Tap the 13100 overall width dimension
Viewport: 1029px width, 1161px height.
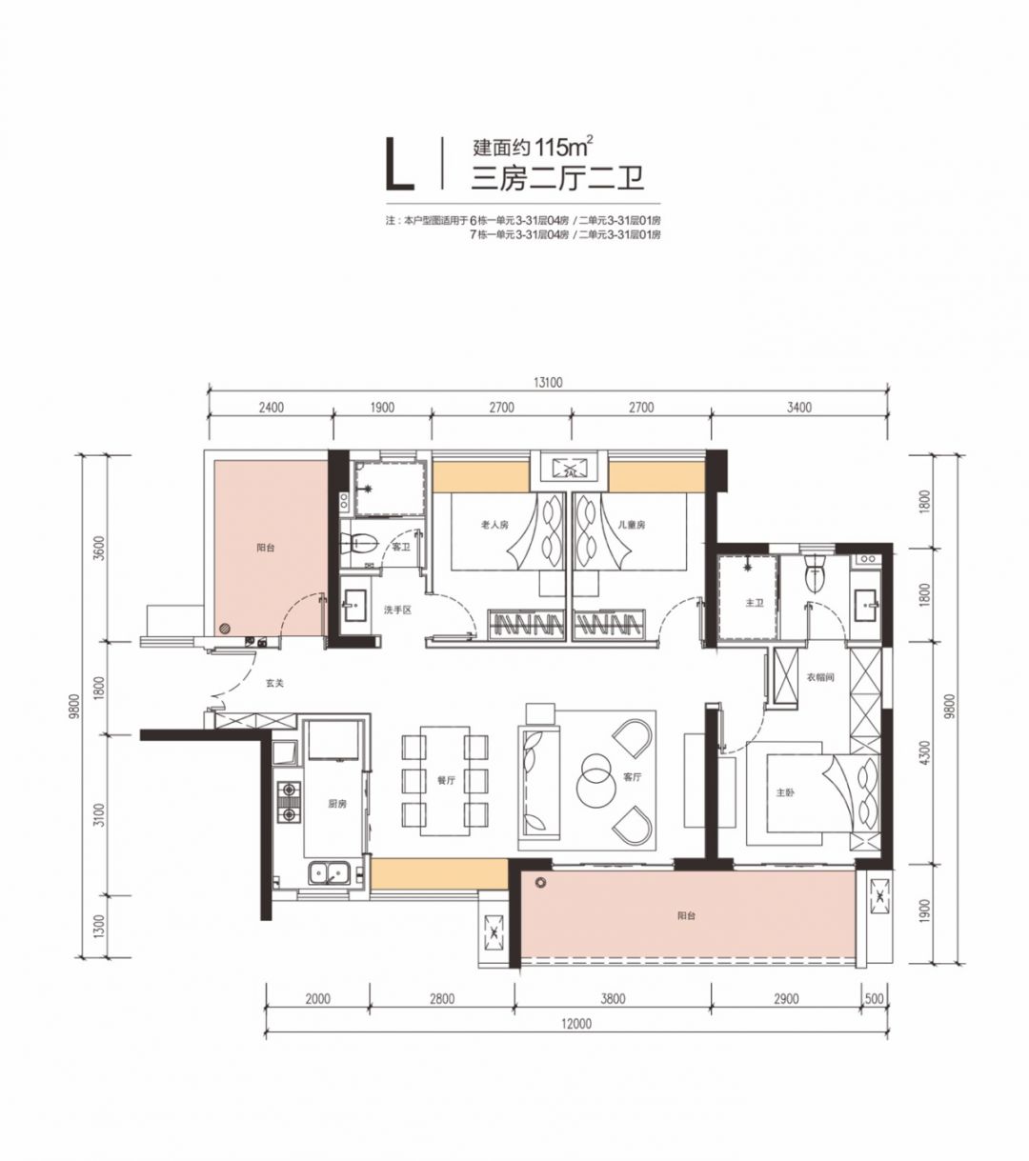tap(548, 382)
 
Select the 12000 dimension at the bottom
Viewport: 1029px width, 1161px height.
tap(576, 1024)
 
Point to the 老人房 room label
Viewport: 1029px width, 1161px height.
tap(494, 525)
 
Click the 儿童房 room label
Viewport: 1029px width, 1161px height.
tap(633, 525)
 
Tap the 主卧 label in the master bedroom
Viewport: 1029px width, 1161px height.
tap(785, 793)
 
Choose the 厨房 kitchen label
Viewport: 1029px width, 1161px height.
tap(337, 804)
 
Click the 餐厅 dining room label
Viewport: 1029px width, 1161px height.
tap(446, 780)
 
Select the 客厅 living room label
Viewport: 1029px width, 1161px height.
tap(632, 777)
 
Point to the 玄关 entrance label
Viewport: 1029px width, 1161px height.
tap(275, 683)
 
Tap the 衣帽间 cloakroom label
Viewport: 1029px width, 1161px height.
tap(820, 677)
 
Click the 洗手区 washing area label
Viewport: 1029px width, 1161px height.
tap(398, 610)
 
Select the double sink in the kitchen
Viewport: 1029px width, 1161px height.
tap(330, 874)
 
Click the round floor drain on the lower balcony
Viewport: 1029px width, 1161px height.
tap(539, 883)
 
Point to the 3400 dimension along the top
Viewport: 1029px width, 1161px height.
tap(799, 408)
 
